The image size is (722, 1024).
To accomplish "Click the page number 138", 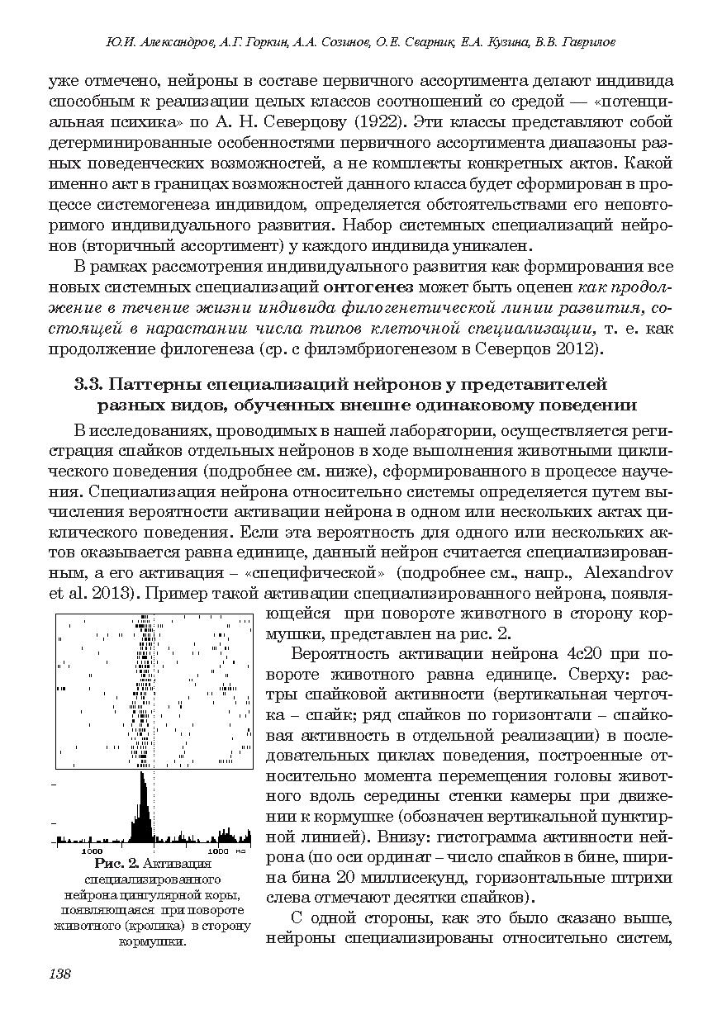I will coord(60,974).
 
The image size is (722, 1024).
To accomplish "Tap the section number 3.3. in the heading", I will coord(89,384).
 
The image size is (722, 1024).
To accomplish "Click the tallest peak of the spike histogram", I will coord(143,776).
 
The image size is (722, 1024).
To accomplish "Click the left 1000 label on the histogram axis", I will coord(91,851).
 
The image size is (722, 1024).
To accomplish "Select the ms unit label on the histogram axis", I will coord(240,851).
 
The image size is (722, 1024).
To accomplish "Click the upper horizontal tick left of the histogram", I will coord(55,783).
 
